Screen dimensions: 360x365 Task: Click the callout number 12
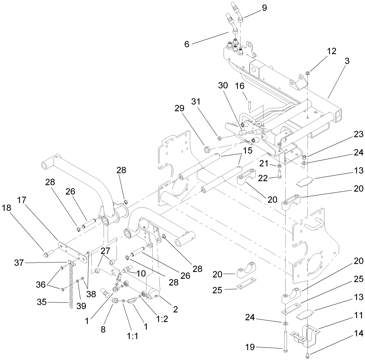pyautogui.click(x=322, y=51)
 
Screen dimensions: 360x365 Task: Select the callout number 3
pyautogui.click(x=337, y=61)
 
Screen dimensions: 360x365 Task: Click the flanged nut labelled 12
pyautogui.click(x=307, y=73)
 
